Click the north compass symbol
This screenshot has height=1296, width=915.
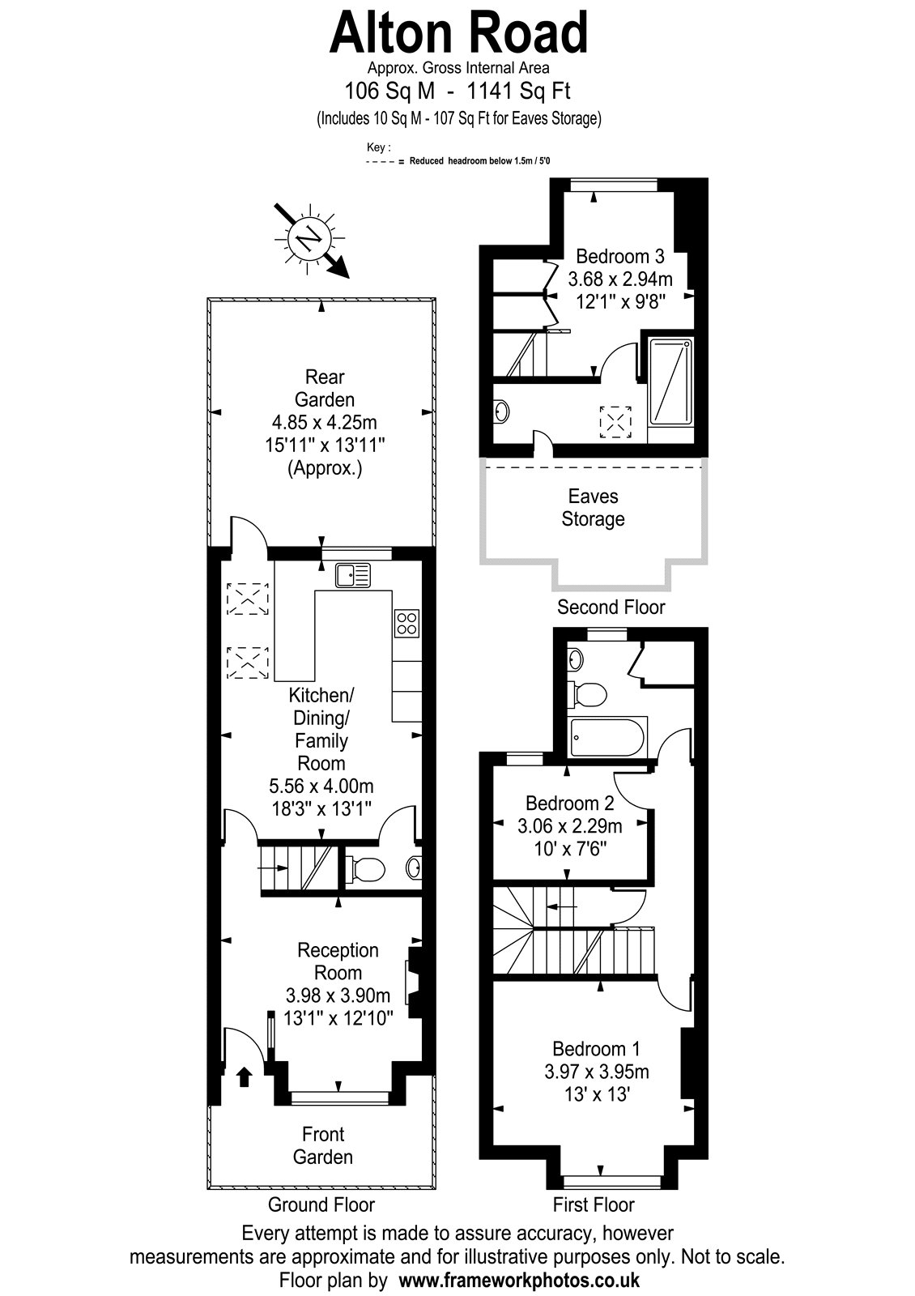pyautogui.click(x=311, y=238)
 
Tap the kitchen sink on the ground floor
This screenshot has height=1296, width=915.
pyautogui.click(x=353, y=575)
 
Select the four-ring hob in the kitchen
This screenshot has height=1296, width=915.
pyautogui.click(x=407, y=623)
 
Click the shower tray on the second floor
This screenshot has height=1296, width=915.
pyautogui.click(x=670, y=381)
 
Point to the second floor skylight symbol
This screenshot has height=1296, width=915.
pyautogui.click(x=615, y=422)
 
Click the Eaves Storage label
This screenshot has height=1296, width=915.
pyautogui.click(x=593, y=507)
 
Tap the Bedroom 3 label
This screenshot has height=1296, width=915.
pyautogui.click(x=620, y=256)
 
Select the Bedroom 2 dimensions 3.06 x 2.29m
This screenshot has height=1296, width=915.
pyautogui.click(x=570, y=826)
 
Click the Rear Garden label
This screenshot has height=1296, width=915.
pyautogui.click(x=325, y=388)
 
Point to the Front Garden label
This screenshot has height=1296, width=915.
pyautogui.click(x=323, y=1145)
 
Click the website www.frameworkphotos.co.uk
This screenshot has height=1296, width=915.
pyautogui.click(x=519, y=1279)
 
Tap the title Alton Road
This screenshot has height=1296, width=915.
pyautogui.click(x=458, y=33)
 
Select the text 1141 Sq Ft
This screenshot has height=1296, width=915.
pyautogui.click(x=519, y=91)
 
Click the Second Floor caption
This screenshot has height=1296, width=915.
pyautogui.click(x=611, y=607)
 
